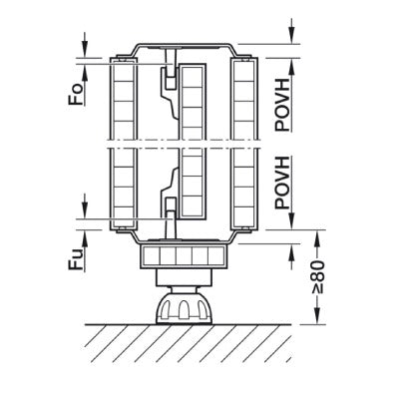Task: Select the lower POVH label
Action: (x=283, y=183)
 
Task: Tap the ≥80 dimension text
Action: (x=318, y=277)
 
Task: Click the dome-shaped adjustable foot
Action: (x=184, y=306)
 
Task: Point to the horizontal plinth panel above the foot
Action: (x=184, y=256)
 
